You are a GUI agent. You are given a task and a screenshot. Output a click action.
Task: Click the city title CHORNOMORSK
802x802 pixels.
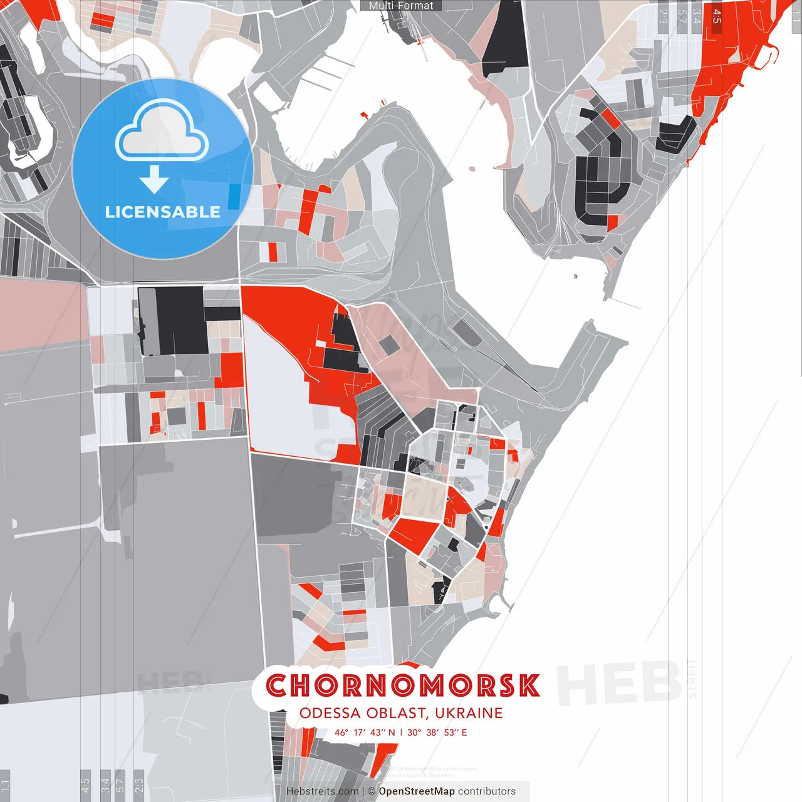pyautogui.click(x=402, y=685)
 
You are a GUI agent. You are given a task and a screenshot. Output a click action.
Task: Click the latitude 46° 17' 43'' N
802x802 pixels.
pyautogui.click(x=365, y=732)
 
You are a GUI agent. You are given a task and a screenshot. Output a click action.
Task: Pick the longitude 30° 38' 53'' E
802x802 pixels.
pyautogui.click(x=437, y=732)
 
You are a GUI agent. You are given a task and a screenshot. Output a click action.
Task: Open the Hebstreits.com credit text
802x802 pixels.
pyautogui.click(x=322, y=791)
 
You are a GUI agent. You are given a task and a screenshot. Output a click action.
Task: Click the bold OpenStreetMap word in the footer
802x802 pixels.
pyautogui.click(x=417, y=791)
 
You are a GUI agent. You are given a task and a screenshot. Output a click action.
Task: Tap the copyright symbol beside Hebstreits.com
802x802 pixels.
pyautogui.click(x=372, y=791)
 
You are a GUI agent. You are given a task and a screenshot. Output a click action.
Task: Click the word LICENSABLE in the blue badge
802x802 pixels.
pyautogui.click(x=163, y=212)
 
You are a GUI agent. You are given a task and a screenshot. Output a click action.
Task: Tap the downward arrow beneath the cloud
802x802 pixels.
pyautogui.click(x=154, y=181)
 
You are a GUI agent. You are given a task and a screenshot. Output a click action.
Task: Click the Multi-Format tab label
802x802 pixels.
pyautogui.click(x=401, y=6)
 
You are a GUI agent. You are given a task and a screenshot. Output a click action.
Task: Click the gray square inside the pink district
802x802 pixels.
pyautogui.click(x=389, y=343)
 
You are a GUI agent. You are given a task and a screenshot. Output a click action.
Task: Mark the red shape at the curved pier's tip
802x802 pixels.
pyautogui.click(x=364, y=115)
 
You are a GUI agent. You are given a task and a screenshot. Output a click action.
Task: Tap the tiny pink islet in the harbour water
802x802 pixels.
pyautogui.click(x=472, y=168)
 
